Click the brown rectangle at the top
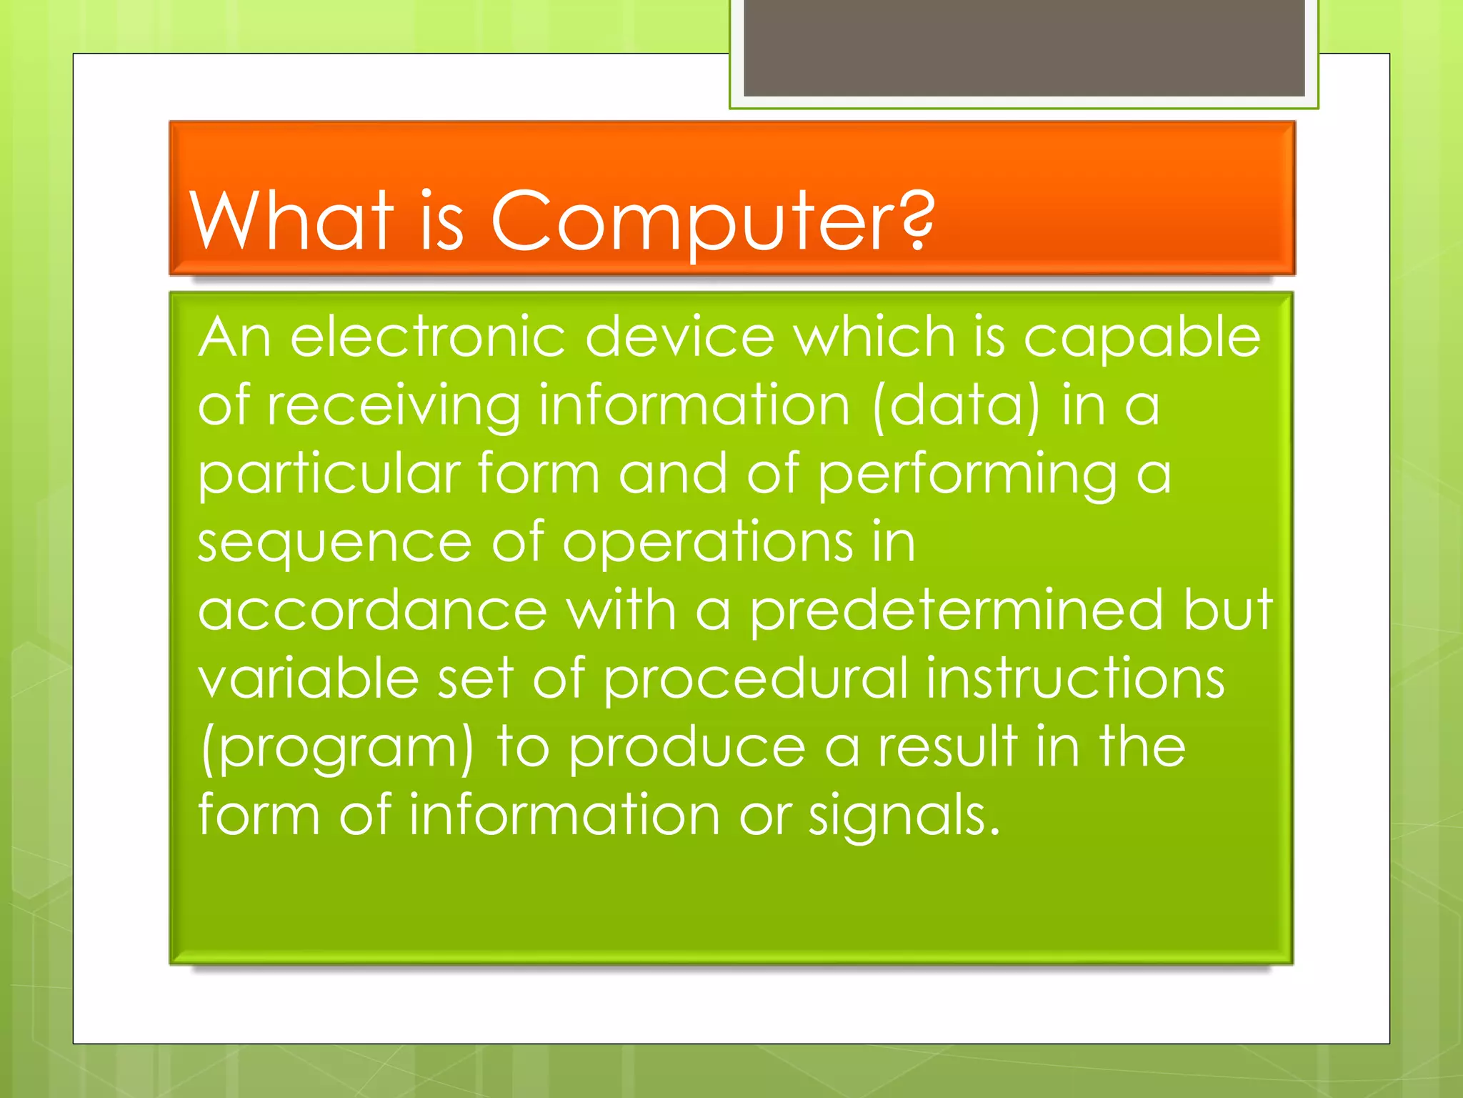tap(1024, 47)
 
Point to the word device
tap(679, 337)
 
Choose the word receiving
tap(394, 406)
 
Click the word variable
tap(308, 678)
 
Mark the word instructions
tap(1075, 678)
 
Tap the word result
tap(947, 747)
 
